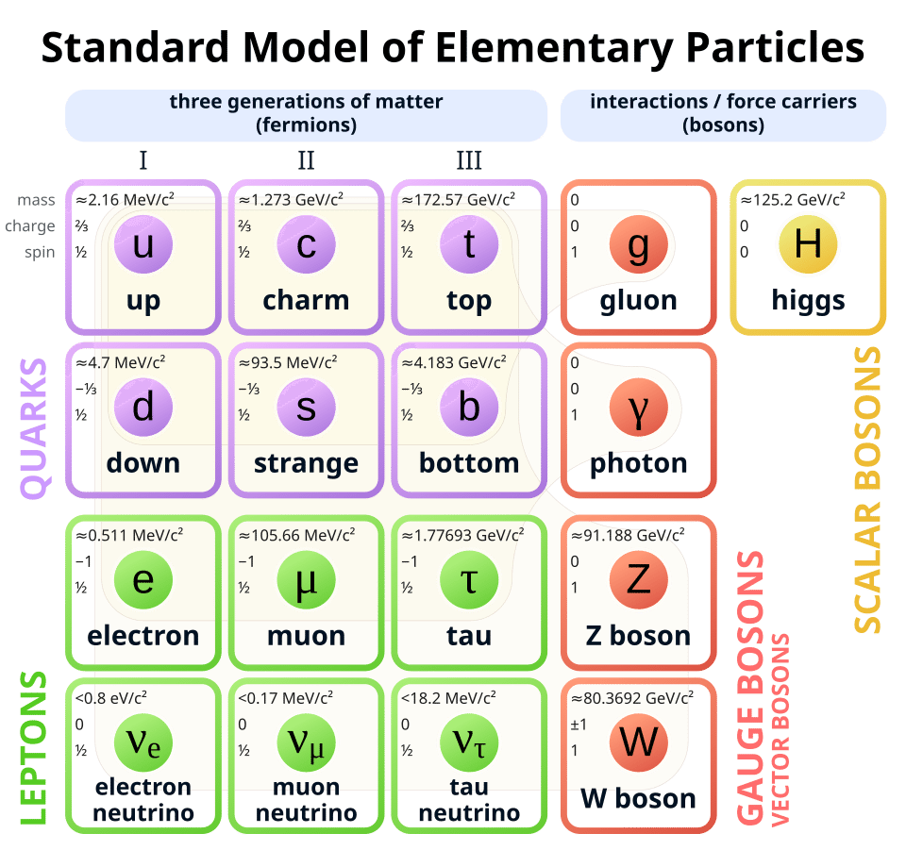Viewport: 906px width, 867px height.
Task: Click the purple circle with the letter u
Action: click(x=143, y=246)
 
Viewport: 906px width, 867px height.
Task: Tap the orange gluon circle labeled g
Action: click(x=639, y=246)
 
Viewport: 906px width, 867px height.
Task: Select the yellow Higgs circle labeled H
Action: click(x=807, y=244)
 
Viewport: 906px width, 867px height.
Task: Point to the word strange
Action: click(x=306, y=464)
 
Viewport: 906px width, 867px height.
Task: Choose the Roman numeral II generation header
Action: click(x=306, y=160)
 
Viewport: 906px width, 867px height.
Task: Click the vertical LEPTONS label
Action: click(x=34, y=748)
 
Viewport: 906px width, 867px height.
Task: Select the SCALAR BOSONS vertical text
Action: click(x=866, y=491)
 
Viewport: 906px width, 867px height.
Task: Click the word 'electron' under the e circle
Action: click(x=143, y=635)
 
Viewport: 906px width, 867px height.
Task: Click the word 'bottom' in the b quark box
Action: click(x=469, y=464)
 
